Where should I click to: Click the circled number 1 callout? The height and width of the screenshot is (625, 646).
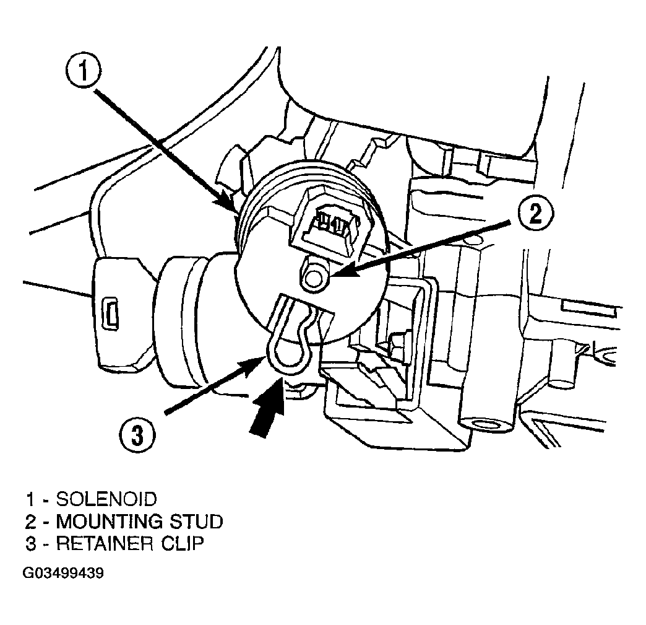pos(84,71)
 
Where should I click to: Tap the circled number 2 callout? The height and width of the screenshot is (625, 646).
pos(535,214)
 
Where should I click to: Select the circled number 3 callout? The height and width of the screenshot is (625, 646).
pos(137,435)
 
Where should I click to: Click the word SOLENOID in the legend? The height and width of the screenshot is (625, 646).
pos(106,499)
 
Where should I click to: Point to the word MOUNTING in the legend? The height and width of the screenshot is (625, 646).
pos(110,522)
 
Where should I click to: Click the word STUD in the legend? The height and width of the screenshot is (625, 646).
pos(197,522)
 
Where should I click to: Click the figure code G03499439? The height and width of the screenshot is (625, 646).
pos(63,573)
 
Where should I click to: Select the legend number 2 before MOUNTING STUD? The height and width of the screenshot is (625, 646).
pos(30,522)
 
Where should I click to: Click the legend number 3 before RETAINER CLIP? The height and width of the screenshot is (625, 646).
pos(30,544)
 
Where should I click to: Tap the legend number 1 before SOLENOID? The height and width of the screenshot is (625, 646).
pos(30,500)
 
